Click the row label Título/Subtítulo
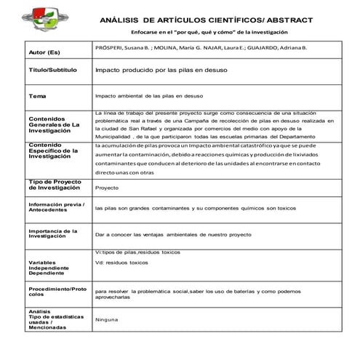click(52, 73)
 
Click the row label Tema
click(37, 96)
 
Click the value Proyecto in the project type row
click(107, 188)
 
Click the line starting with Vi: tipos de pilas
click(137, 251)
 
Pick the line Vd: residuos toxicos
click(121, 262)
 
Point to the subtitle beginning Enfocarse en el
click(206, 33)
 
